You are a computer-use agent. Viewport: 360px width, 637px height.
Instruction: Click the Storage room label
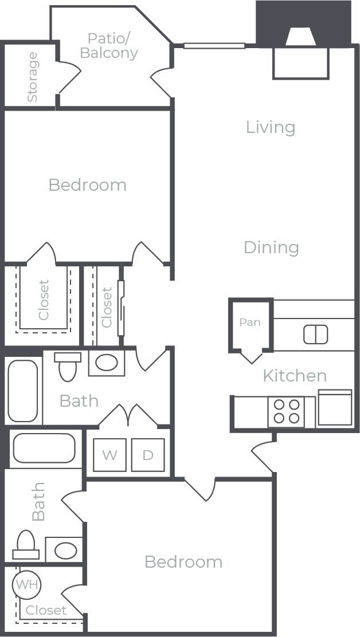32,77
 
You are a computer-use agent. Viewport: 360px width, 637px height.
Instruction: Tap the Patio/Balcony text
109,46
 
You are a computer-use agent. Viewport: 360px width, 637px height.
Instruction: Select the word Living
270,127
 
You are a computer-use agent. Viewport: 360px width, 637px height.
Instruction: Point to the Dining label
271,247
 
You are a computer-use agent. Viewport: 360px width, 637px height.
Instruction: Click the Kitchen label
295,376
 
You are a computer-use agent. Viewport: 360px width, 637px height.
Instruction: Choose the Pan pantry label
250,323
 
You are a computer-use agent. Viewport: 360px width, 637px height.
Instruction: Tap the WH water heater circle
26,585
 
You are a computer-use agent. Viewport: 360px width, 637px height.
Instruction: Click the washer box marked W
109,455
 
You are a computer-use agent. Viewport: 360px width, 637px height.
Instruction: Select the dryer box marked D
148,455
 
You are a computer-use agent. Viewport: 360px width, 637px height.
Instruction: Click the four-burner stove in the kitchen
287,411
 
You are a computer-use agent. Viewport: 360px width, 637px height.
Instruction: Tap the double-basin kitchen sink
315,334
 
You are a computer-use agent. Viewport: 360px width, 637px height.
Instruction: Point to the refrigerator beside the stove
335,408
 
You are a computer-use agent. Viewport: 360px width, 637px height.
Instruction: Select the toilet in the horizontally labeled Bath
67,367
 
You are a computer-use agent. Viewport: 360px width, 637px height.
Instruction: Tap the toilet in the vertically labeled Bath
26,545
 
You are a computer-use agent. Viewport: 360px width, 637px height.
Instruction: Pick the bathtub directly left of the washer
44,448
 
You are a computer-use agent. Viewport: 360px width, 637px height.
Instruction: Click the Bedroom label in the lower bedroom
183,562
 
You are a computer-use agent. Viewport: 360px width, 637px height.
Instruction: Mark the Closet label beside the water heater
46,611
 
